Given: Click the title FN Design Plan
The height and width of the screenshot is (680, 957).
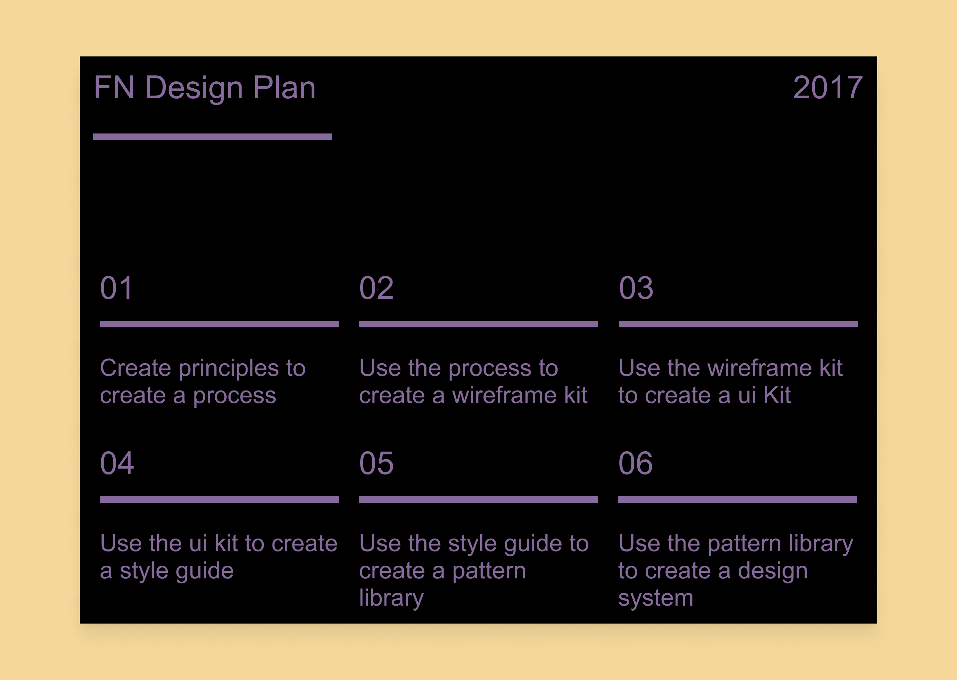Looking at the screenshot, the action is point(204,88).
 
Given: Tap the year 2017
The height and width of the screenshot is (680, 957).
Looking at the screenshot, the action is point(827,88).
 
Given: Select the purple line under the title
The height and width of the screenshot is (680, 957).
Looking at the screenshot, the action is point(212,137).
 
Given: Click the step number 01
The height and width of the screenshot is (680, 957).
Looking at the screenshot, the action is point(117,288).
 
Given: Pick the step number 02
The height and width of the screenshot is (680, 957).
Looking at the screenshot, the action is point(376,288).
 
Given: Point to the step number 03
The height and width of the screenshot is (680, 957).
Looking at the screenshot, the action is point(636,288).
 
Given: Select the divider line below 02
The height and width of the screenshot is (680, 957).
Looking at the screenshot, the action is point(478,324).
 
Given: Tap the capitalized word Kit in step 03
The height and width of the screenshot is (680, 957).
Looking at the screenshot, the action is point(777,395).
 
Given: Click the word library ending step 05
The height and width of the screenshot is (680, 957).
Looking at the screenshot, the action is point(391,598).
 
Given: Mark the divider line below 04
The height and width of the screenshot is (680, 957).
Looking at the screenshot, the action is point(219,499).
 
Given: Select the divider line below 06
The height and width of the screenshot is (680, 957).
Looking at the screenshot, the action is point(737,499).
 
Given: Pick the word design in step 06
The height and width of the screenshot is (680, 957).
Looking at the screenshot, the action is point(773,571).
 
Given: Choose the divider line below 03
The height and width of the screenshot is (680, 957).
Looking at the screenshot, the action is point(738,324).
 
